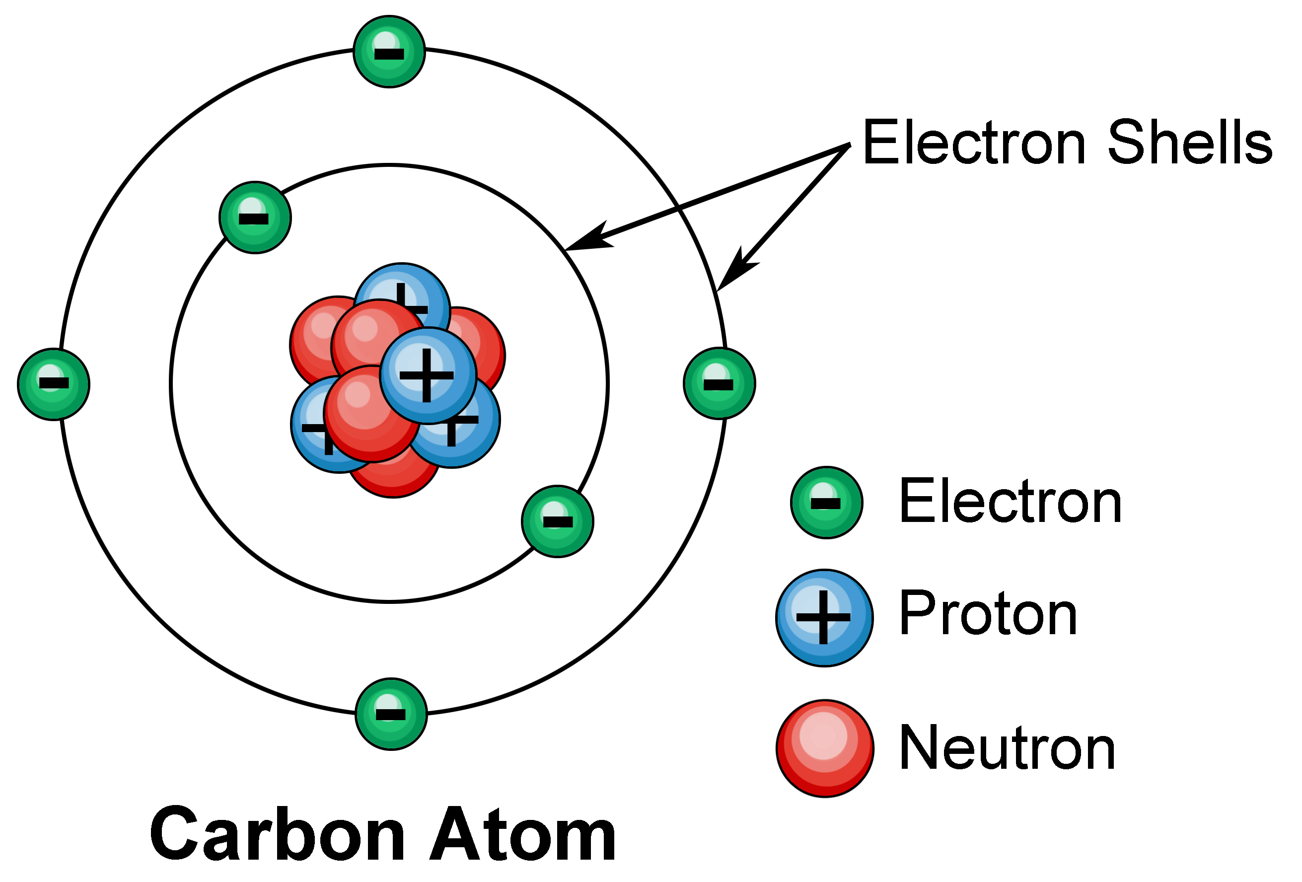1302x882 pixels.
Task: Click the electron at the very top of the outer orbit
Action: coord(389,52)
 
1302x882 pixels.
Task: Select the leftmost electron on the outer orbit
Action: coord(54,384)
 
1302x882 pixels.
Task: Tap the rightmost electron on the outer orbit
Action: coord(719,384)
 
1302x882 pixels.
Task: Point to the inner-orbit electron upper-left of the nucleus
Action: coord(255,218)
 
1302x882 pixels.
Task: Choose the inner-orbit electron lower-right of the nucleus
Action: coord(558,521)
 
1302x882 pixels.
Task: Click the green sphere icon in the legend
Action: coord(826,502)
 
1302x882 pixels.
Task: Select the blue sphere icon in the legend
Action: coord(823,617)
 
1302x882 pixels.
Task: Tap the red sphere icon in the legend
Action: coord(825,747)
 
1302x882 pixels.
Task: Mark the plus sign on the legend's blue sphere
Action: coord(823,617)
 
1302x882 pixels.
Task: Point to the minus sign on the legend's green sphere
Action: coord(826,503)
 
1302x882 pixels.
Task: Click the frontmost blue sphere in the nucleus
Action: coord(428,375)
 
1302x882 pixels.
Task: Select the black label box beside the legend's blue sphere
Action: coord(988,612)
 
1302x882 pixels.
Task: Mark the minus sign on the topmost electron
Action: coord(389,54)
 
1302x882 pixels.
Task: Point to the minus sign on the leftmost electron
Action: coord(54,383)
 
